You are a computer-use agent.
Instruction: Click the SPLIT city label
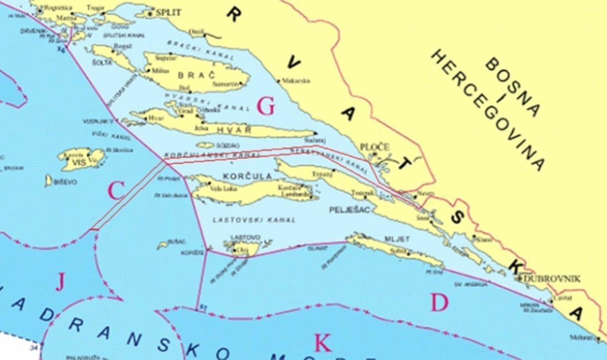[x=168, y=12]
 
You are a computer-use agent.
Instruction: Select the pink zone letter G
[x=265, y=107]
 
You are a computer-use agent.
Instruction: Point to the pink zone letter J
[x=60, y=283]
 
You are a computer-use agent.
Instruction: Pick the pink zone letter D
[x=439, y=303]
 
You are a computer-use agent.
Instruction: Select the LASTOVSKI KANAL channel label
[x=254, y=220]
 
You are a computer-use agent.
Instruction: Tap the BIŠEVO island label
[x=66, y=182]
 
